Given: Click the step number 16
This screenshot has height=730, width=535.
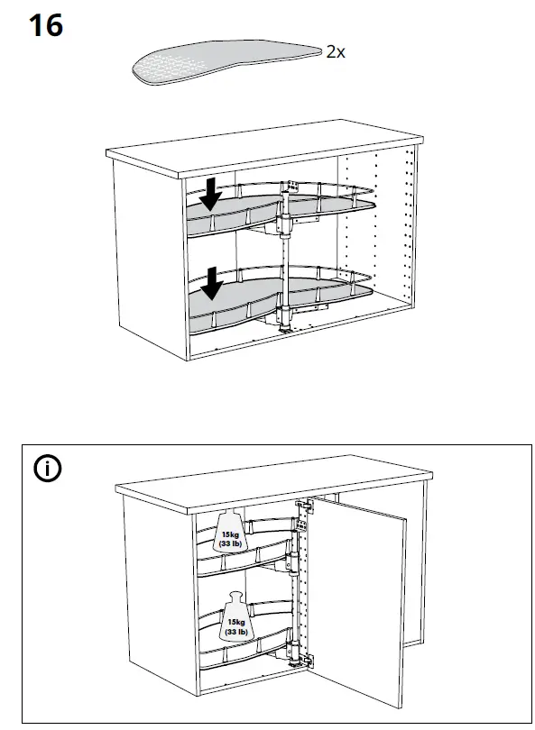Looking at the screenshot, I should (x=46, y=25).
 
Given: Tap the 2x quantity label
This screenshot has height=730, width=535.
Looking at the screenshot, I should (x=335, y=52).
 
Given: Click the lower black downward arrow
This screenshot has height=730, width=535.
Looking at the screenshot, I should (x=211, y=284).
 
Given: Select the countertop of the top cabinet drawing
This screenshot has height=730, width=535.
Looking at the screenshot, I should (x=262, y=149).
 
